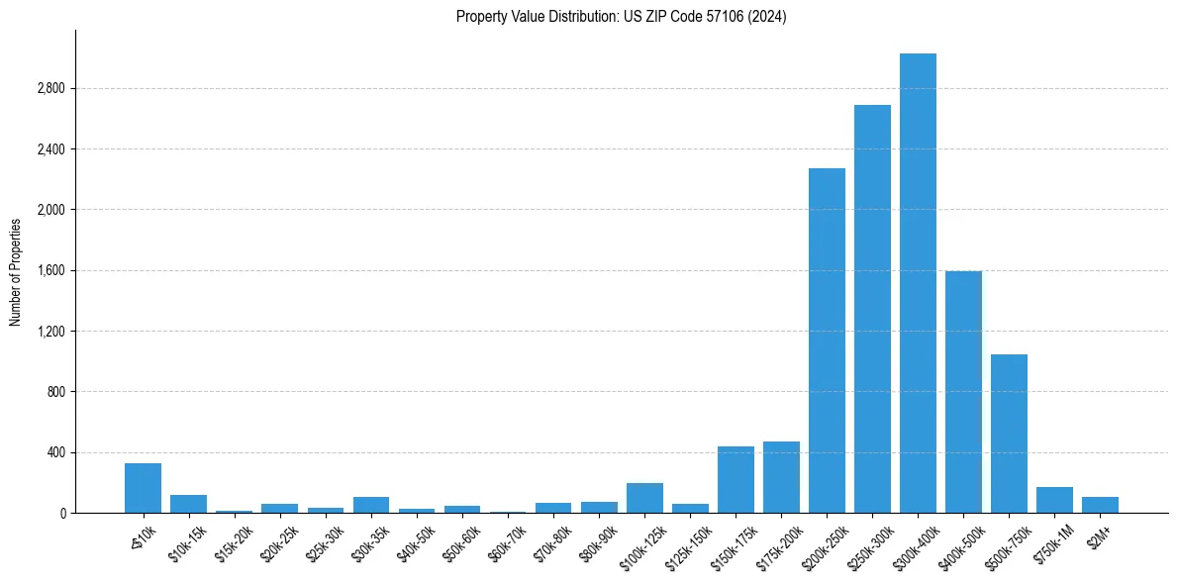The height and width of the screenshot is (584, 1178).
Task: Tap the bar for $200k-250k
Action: pos(827,341)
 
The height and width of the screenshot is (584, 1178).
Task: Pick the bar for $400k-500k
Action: pos(963,392)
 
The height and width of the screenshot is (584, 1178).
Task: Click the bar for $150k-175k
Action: pos(736,480)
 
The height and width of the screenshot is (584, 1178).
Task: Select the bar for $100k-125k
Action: pos(644,498)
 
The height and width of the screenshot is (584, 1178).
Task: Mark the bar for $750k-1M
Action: pos(1054,500)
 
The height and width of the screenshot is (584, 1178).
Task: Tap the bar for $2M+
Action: pos(1100,505)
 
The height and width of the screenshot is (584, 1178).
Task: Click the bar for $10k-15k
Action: pos(188,504)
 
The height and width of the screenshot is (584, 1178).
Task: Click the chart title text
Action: pos(621,17)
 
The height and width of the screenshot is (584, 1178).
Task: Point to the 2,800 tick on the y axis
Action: pos(49,89)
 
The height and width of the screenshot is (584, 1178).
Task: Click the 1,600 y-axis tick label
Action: pos(49,271)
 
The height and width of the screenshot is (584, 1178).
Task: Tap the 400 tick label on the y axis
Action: pos(54,452)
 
